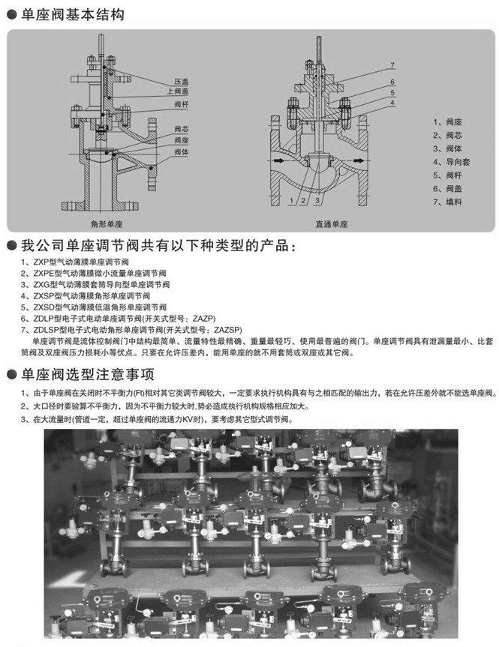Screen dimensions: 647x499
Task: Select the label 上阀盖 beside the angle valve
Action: tap(183, 90)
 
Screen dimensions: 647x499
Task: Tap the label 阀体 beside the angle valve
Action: tap(181, 151)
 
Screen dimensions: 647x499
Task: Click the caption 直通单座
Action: tap(331, 223)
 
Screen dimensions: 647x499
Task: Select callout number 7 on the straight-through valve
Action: tap(392, 66)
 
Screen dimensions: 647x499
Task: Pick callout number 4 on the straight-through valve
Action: tap(392, 101)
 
